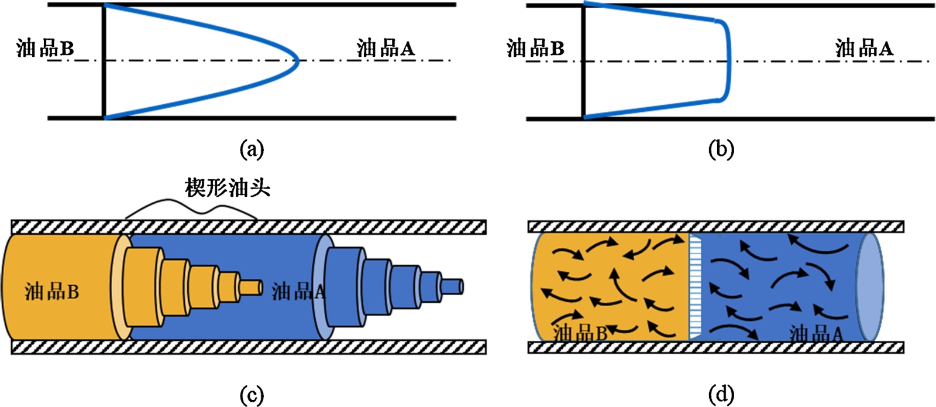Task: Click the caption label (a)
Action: [252, 150]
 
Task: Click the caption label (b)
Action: [721, 150]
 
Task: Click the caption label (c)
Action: [252, 395]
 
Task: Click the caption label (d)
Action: [721, 395]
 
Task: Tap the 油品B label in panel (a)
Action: [45, 48]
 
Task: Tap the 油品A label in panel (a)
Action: [386, 48]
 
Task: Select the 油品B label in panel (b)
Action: [535, 48]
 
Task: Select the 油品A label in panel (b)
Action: [864, 48]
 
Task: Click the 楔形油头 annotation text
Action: [228, 188]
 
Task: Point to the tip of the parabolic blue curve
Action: [297, 61]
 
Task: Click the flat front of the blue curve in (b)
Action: [729, 61]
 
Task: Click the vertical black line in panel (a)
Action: [104, 61]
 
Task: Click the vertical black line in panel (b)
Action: [583, 61]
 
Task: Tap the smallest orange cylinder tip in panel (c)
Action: [252, 288]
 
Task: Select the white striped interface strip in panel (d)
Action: [694, 286]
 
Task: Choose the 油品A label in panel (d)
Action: [815, 334]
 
